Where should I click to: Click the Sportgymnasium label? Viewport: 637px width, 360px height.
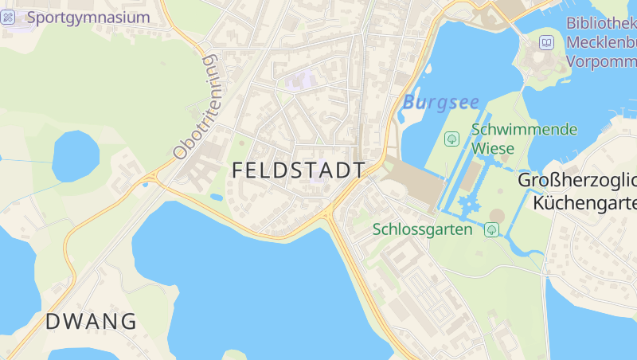pyautogui.click(x=88, y=17)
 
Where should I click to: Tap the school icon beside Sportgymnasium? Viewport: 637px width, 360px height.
pyautogui.click(x=8, y=17)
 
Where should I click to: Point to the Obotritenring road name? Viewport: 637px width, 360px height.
pyautogui.click(x=196, y=107)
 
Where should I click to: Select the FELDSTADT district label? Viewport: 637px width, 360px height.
pyautogui.click(x=299, y=170)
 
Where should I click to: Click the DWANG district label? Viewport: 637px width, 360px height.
pyautogui.click(x=91, y=322)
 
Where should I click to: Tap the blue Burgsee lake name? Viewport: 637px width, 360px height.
pyautogui.click(x=440, y=102)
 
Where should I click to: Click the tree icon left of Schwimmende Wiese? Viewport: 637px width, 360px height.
pyautogui.click(x=451, y=139)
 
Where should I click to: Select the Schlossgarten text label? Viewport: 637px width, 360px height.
pyautogui.click(x=423, y=229)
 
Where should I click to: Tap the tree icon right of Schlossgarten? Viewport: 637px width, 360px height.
pyautogui.click(x=491, y=230)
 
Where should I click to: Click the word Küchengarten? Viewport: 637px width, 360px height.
pyautogui.click(x=584, y=202)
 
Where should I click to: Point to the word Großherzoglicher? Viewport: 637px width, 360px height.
pyautogui.click(x=576, y=180)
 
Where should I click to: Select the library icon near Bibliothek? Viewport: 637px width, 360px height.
pyautogui.click(x=547, y=42)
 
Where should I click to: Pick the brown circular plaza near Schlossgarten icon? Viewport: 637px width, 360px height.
pyautogui.click(x=497, y=217)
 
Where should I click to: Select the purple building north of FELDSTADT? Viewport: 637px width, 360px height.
pyautogui.click(x=300, y=80)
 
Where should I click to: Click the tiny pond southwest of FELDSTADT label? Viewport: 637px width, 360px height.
pyautogui.click(x=216, y=197)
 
